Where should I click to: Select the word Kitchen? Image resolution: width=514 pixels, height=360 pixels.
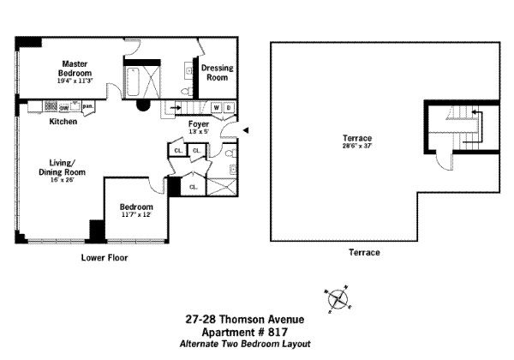[63, 122]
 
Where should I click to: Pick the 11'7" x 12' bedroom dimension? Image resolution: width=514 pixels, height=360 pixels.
[136, 214]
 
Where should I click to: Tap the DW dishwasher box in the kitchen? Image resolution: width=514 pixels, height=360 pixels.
[64, 107]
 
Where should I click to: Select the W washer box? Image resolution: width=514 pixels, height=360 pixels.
[215, 108]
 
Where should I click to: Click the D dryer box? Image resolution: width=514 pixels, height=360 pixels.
[228, 108]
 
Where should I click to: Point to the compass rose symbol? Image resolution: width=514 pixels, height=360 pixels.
[339, 299]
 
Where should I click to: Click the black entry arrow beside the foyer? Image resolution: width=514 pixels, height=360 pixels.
[246, 130]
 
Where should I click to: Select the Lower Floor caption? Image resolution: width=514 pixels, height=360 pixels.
[105, 256]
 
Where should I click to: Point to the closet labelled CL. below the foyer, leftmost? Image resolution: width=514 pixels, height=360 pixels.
[177, 151]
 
